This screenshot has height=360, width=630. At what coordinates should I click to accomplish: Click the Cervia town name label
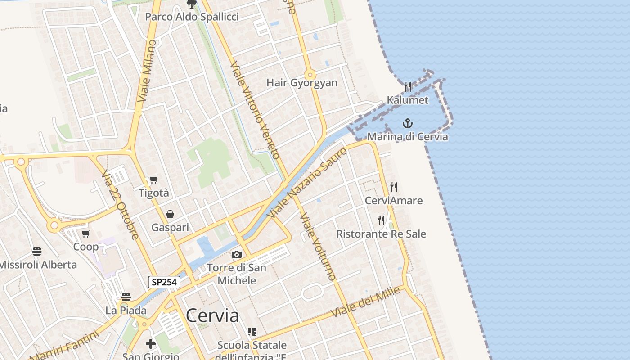212,315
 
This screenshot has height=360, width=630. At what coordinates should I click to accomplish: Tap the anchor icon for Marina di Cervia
408,123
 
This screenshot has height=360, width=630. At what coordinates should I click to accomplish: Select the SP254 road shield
164,282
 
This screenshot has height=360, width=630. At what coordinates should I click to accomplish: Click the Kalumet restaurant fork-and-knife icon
408,86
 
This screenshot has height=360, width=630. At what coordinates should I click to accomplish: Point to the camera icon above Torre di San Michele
237,255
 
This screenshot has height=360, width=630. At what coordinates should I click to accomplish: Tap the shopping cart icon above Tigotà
154,180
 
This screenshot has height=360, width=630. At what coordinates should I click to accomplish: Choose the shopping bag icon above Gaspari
170,214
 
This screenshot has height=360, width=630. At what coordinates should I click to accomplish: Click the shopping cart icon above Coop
86,234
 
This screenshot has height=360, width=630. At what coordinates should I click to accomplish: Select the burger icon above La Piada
126,297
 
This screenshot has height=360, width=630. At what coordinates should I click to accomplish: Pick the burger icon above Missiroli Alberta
37,251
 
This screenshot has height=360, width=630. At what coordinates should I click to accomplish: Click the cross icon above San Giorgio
151,344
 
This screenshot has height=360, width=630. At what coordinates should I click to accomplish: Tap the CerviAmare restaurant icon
394,187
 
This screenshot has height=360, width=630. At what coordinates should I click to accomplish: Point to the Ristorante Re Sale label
381,234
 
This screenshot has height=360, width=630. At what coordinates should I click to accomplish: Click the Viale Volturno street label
318,246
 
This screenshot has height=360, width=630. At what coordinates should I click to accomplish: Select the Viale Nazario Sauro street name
308,183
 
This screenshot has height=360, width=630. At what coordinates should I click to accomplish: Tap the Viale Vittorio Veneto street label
255,110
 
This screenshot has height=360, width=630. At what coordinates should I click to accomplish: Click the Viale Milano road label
148,71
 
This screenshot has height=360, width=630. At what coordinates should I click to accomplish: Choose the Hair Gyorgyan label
302,83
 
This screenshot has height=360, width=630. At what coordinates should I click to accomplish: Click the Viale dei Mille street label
365,301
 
